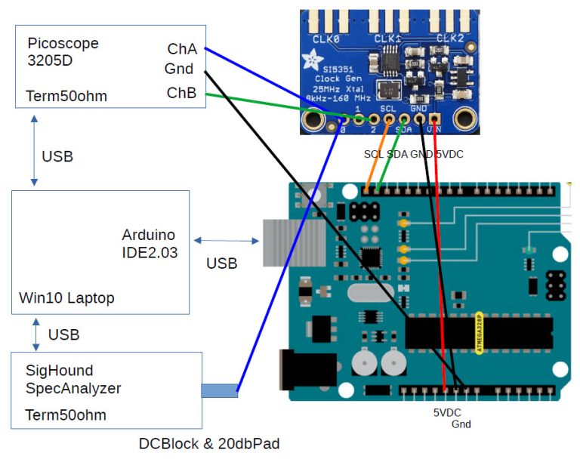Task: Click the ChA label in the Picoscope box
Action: coord(182,49)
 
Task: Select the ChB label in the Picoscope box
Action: coord(182,93)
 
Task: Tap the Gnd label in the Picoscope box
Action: coord(179,69)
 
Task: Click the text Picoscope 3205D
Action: coord(63,52)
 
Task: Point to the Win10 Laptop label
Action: coord(66,298)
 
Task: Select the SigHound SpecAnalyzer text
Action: coord(73,380)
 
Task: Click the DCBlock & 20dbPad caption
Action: coord(208,444)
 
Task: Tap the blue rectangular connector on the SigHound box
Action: coord(219,390)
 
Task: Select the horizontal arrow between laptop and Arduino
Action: coord(226,241)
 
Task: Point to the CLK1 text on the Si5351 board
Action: coord(387,38)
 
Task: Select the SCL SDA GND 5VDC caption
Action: coord(414,154)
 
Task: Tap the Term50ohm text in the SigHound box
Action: coord(66,415)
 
